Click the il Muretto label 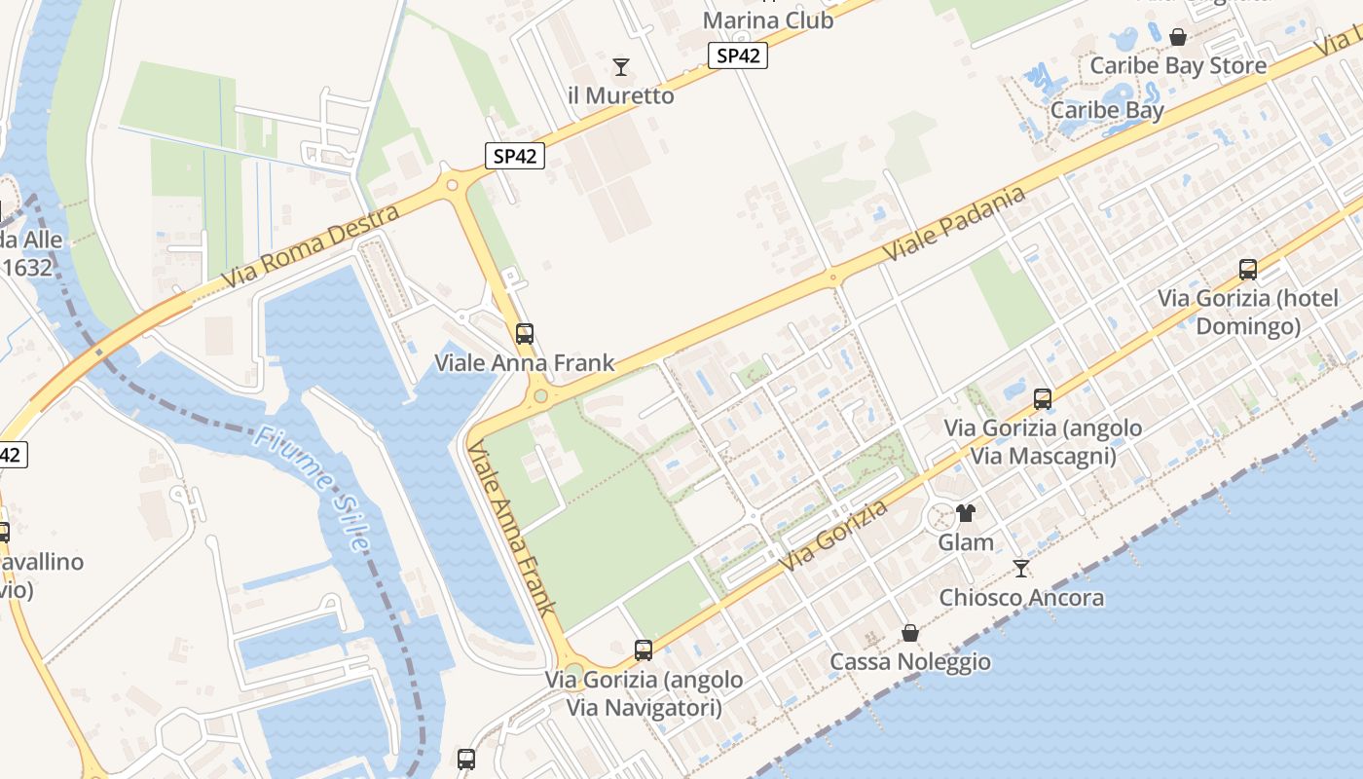click(x=620, y=95)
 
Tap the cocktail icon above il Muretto click(x=620, y=67)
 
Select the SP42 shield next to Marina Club click(x=738, y=56)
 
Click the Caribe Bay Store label click(x=1178, y=65)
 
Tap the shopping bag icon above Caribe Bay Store click(x=1178, y=37)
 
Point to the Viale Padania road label click(x=954, y=224)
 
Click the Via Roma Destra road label click(x=311, y=246)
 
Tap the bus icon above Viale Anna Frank click(x=524, y=334)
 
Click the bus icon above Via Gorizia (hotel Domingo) click(x=1248, y=270)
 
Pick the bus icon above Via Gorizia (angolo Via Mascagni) click(x=1043, y=398)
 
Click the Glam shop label click(x=966, y=542)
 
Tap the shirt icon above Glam click(x=966, y=513)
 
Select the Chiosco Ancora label click(x=1021, y=597)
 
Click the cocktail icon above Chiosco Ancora click(x=1021, y=568)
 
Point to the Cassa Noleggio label click(x=910, y=662)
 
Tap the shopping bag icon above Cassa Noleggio click(x=910, y=633)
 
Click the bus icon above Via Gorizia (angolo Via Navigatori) click(x=644, y=649)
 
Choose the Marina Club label click(x=768, y=19)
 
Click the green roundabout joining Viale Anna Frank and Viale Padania click(x=540, y=396)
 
